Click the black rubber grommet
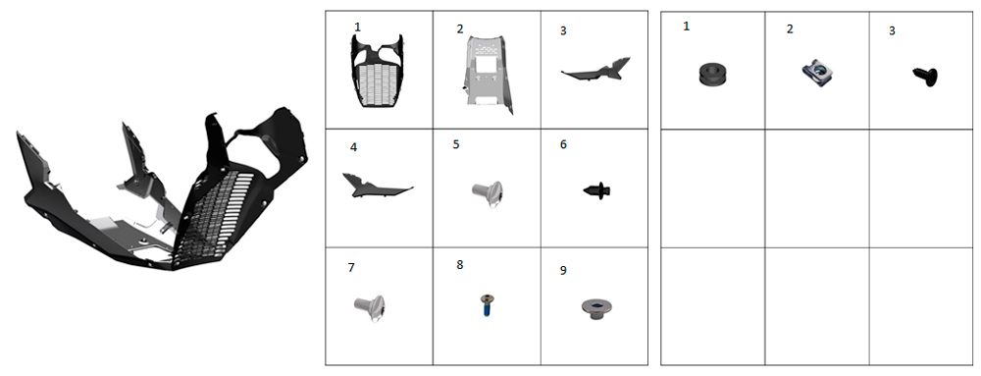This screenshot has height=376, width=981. click(x=713, y=75)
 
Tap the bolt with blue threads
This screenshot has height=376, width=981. click(x=485, y=305)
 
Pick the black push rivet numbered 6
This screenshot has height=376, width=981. click(x=596, y=189)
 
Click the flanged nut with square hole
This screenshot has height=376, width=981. click(x=596, y=308)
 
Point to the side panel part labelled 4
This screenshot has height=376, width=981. click(x=376, y=187)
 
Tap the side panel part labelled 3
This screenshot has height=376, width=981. click(x=597, y=70)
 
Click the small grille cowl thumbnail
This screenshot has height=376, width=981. click(x=377, y=72)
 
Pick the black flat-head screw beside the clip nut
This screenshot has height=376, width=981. click(x=926, y=77)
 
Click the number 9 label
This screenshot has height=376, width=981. click(x=563, y=271)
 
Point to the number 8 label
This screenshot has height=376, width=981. click(x=460, y=265)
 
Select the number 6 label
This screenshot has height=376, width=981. click(x=563, y=144)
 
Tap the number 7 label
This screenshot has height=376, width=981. click(x=351, y=268)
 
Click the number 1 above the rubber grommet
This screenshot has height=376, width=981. click(x=687, y=27)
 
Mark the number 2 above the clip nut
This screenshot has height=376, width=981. click(x=790, y=28)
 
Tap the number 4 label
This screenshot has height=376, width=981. click(x=353, y=147)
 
